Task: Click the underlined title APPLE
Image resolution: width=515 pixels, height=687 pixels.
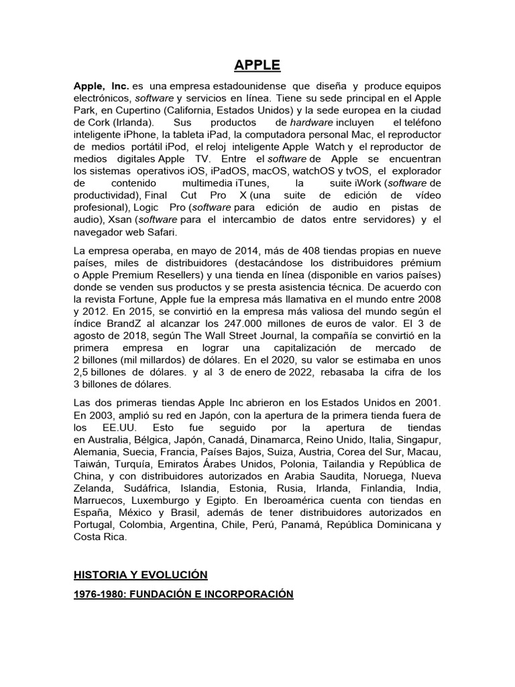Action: [257, 65]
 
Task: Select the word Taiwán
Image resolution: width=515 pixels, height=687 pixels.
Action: [89, 463]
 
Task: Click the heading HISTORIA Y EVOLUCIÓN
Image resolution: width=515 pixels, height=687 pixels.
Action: [140, 575]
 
